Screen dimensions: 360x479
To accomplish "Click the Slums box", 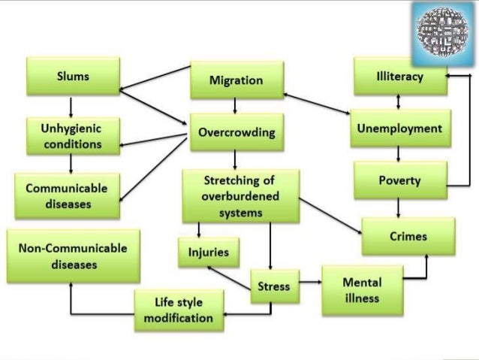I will (73, 77).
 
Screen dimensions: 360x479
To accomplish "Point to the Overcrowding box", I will (236, 134).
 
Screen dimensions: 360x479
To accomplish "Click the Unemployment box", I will (399, 129).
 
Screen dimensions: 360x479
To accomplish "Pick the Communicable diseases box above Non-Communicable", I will (67, 195).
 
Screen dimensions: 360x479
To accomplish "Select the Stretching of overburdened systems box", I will (240, 197).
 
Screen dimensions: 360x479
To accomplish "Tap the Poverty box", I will (399, 181).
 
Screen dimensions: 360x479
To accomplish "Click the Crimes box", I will (408, 236).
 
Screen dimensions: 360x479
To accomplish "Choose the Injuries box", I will (203, 252).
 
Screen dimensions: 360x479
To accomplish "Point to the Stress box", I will (273, 286).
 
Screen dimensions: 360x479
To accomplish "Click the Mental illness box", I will (361, 290).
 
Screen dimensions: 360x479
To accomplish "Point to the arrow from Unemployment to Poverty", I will (399, 155).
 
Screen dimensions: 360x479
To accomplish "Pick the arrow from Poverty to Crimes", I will (399, 206).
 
